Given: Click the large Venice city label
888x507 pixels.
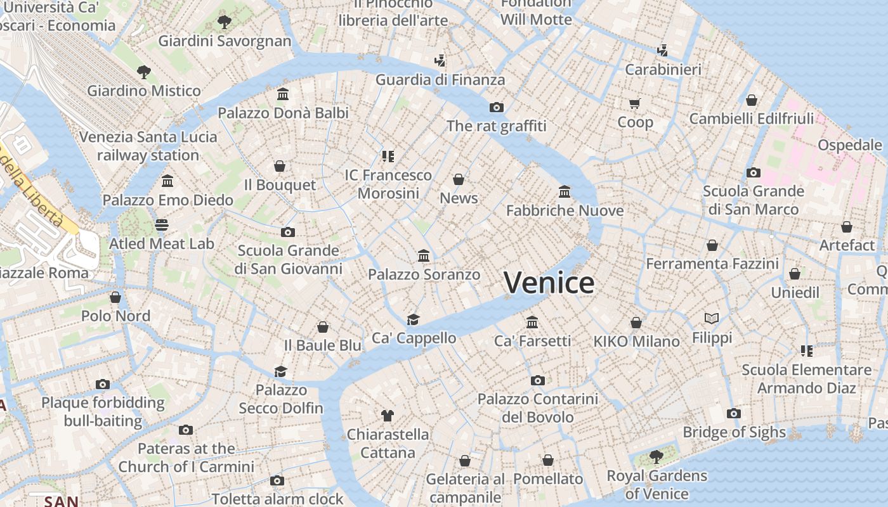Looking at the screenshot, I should pos(549,283).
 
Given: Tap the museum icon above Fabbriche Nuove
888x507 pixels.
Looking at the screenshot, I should pos(565,191).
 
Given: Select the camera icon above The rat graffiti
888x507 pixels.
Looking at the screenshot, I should pos(497,107).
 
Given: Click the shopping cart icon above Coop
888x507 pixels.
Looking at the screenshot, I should pos(635,103).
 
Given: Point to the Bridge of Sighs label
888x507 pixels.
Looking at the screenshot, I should pos(734,432).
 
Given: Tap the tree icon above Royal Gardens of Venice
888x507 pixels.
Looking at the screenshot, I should pos(656,456).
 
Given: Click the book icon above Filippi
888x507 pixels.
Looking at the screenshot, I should pos(712,318).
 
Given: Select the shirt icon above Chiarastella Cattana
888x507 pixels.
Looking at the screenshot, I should pos(388,416).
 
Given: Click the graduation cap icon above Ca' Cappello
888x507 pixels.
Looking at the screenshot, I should pos(414,319).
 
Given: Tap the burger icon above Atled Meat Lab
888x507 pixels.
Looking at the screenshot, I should pos(162,225).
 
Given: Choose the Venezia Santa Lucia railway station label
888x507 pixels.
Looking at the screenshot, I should pos(148,146).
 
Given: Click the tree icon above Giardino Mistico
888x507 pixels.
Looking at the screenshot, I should pos(144,72).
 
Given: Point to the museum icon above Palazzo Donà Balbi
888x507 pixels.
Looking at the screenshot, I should pos(283,94).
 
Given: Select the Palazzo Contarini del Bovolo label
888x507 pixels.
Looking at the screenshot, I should pos(538,408).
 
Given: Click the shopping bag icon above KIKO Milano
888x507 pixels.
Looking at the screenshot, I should pos(636,323).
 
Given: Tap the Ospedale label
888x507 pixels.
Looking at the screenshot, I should pos(849,145).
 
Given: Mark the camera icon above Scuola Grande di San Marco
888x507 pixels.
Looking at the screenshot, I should pos(753,172).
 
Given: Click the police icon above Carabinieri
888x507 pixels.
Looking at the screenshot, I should pos(663,50).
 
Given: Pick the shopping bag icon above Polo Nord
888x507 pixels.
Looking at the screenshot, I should pos(115,297).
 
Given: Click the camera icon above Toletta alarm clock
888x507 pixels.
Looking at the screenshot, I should pos(277,480).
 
